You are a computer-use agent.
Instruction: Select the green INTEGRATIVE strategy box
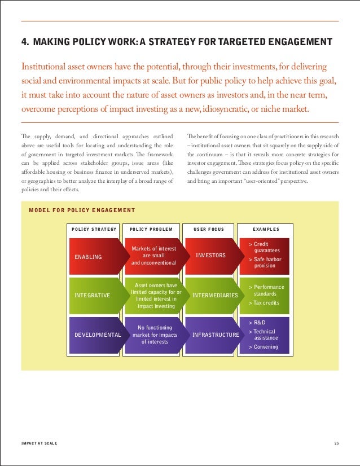(x=93, y=295)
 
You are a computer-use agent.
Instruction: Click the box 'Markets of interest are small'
(x=153, y=256)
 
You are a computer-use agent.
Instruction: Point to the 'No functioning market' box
(x=153, y=334)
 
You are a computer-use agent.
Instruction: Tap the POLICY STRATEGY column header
(x=94, y=230)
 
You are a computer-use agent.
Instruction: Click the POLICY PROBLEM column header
(x=151, y=230)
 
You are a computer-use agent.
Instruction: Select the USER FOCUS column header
(x=209, y=230)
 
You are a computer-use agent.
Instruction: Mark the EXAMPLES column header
(x=266, y=230)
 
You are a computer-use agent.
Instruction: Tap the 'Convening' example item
(x=264, y=347)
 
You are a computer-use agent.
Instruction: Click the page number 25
(x=336, y=443)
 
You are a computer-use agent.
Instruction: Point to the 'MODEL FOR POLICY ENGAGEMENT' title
(x=82, y=210)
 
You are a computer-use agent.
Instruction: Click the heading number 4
(x=24, y=42)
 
